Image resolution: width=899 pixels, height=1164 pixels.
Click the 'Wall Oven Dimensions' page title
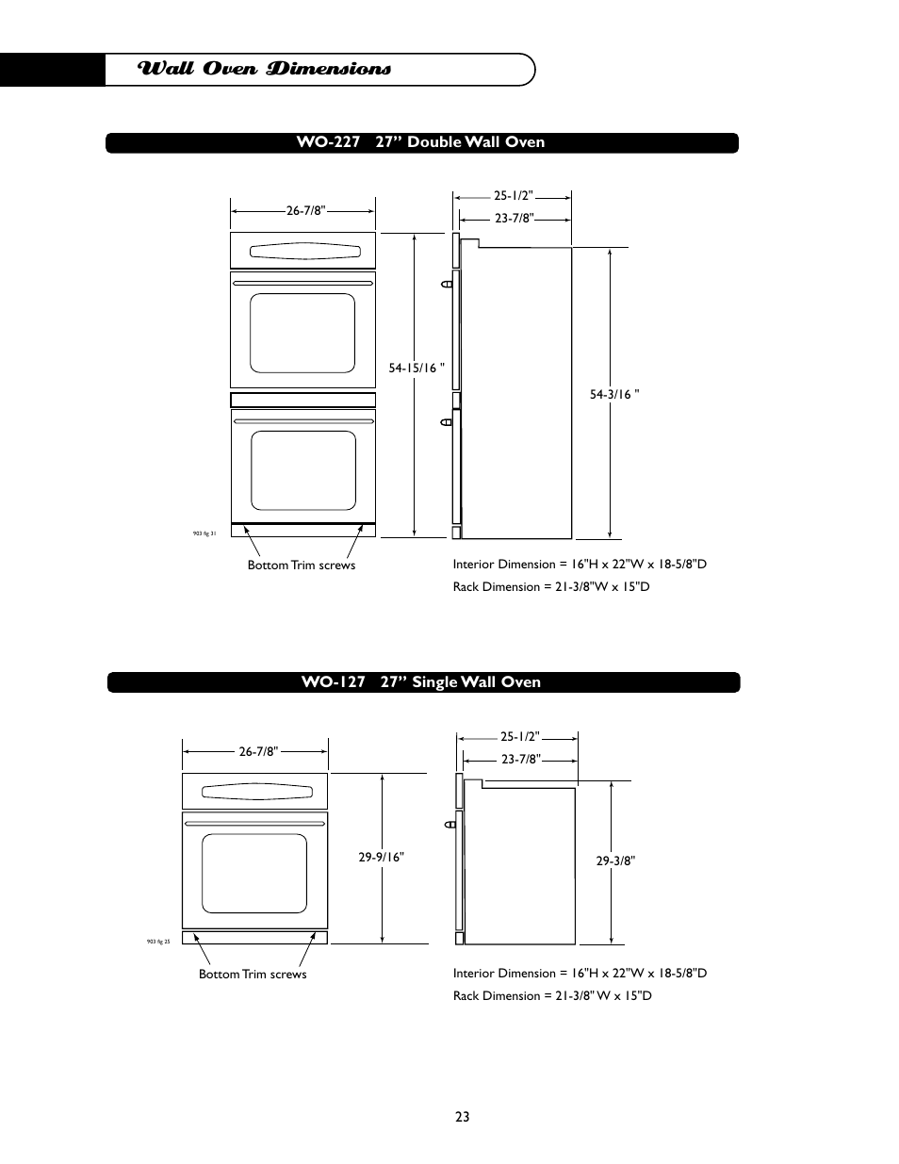(x=264, y=70)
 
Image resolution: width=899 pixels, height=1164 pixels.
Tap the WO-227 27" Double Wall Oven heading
(x=420, y=142)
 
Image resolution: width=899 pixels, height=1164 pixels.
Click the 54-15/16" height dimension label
(x=417, y=369)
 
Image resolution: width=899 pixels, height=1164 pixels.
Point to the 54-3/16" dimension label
(x=614, y=395)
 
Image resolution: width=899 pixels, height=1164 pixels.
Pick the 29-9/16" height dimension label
(x=381, y=858)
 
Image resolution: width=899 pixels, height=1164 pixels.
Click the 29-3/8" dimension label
(x=615, y=861)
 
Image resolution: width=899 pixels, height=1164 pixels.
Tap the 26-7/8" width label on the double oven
(x=306, y=211)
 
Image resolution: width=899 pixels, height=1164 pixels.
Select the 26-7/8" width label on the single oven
(x=258, y=752)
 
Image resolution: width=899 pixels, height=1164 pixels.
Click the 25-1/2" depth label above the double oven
(x=514, y=196)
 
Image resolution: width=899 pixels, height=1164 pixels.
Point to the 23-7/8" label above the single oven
(x=520, y=759)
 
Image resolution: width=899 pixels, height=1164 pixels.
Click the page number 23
(x=462, y=1117)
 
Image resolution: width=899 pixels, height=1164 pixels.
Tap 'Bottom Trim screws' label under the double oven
(x=302, y=566)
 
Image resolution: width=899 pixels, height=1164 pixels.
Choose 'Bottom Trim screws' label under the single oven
(x=253, y=975)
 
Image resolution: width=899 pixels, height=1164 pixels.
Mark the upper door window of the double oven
(x=302, y=333)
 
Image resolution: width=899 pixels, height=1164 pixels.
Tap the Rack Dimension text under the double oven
(x=551, y=587)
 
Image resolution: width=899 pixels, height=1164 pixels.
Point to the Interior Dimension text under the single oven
(x=580, y=974)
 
